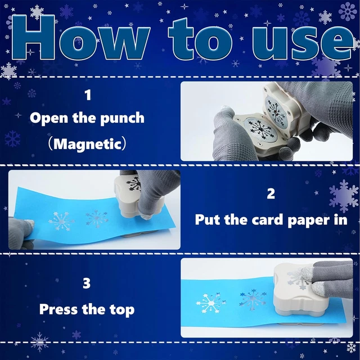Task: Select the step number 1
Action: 88,95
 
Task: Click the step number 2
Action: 271,194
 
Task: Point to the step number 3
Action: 87,283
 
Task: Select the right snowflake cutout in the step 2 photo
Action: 97,219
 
